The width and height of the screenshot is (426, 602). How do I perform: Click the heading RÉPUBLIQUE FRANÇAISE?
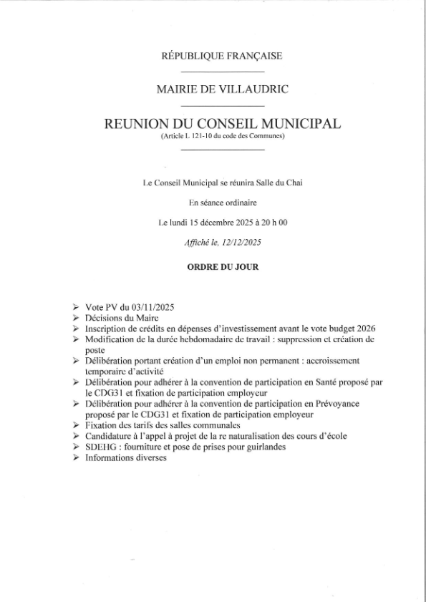(x=223, y=56)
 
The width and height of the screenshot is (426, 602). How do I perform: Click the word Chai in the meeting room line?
(x=294, y=184)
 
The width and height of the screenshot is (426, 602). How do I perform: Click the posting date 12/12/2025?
(x=241, y=243)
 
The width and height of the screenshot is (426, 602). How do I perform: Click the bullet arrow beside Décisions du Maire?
(x=76, y=316)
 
